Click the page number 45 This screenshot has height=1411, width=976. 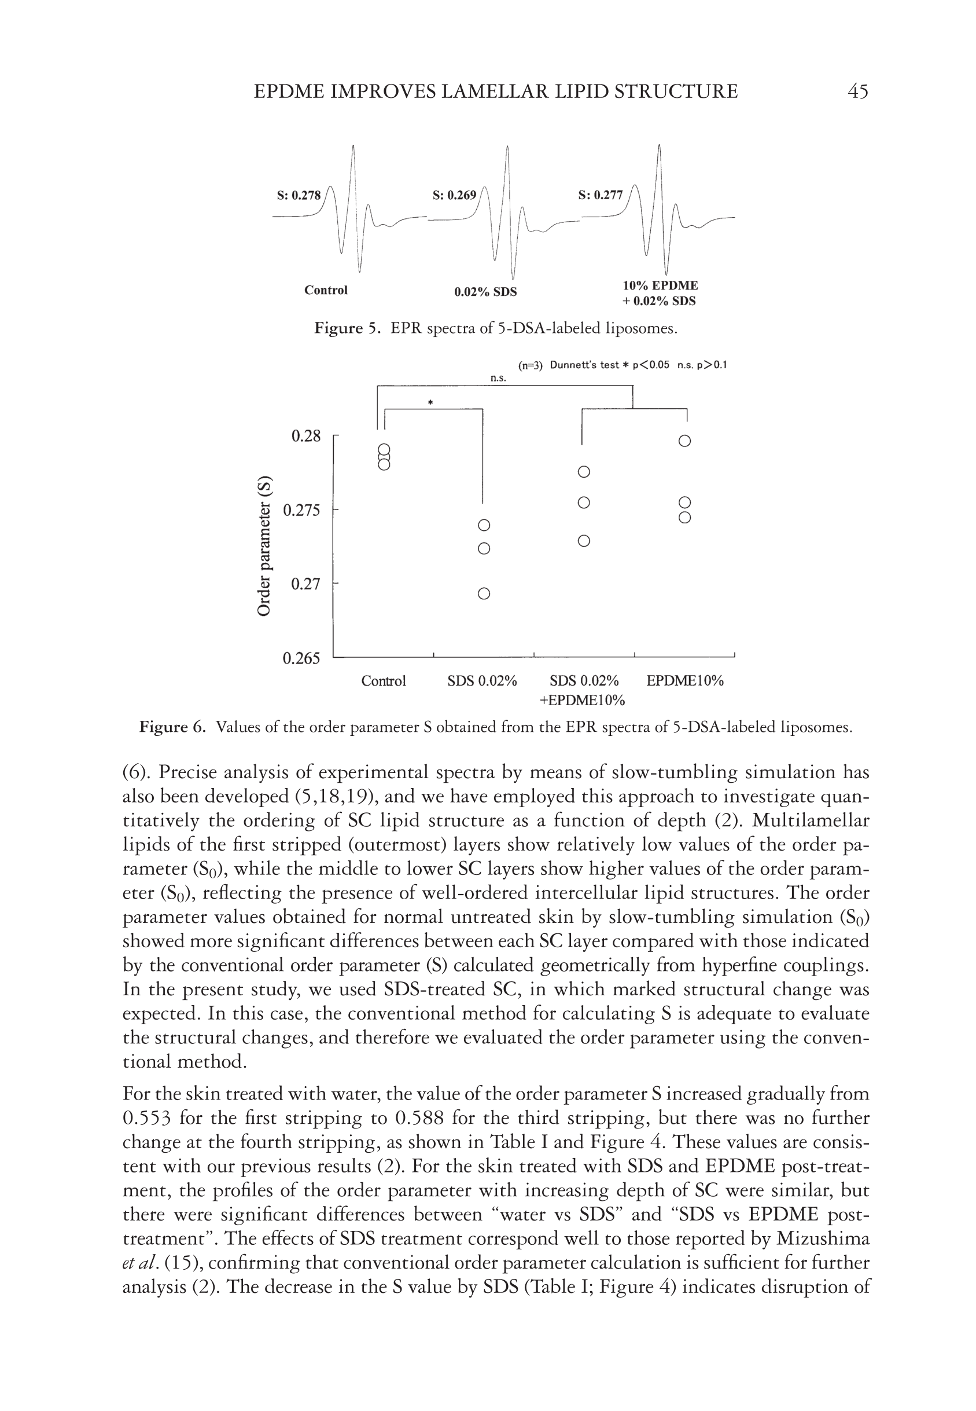point(858,92)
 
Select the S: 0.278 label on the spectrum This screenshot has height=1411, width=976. point(299,196)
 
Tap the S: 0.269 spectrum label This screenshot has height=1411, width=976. point(454,196)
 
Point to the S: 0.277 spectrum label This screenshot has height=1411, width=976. point(600,196)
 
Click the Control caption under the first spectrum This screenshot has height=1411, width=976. point(326,290)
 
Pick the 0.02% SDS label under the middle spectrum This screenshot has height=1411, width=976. point(485,292)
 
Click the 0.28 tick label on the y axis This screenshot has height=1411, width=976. point(306,437)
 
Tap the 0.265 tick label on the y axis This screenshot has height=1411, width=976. point(301,658)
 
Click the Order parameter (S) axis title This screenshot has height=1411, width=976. point(264,546)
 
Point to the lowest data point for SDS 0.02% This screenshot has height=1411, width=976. point(484,593)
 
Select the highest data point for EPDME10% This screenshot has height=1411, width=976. point(685,441)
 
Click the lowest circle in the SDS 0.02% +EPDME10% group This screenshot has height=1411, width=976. point(584,541)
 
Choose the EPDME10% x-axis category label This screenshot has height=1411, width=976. point(685,681)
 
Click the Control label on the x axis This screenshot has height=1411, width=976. point(384,681)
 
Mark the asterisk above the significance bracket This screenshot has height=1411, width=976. point(430,402)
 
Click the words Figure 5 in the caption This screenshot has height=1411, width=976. point(347,329)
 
